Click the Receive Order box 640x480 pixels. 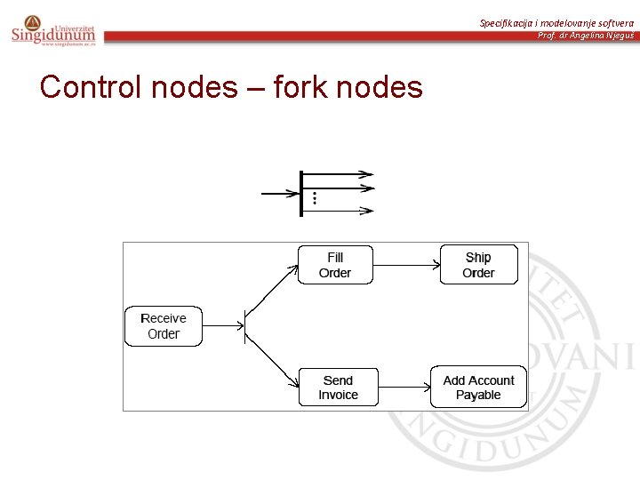[164, 326]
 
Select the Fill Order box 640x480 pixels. [335, 265]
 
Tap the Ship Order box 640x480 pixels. [478, 265]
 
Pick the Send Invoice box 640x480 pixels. [338, 388]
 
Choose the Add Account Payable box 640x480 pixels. [478, 388]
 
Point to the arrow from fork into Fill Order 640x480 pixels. [272, 290]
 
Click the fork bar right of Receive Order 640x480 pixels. [244, 326]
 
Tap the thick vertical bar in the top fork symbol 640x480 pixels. [302, 191]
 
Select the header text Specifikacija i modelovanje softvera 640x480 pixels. [556, 22]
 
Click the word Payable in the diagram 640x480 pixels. [478, 396]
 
